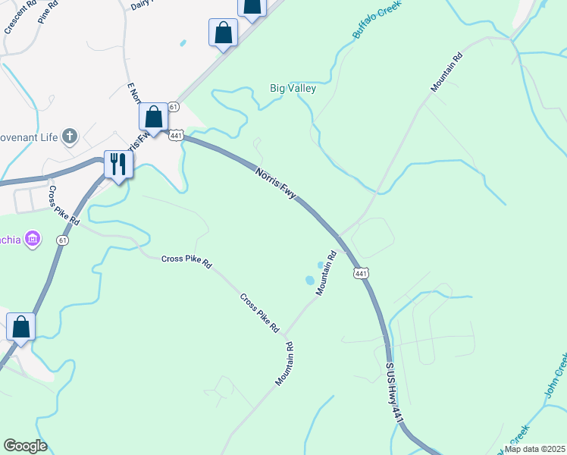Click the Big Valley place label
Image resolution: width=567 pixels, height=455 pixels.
293,89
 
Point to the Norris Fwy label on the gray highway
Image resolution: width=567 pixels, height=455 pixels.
276,183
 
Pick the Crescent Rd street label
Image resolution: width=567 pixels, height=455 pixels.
21,17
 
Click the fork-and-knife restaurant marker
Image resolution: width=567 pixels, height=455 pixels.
118,164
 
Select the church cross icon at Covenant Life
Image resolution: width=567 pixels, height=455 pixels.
70,136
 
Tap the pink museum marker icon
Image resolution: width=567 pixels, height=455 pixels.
32,240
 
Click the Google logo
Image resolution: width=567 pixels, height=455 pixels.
25,446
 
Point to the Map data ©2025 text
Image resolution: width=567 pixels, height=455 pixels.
534,448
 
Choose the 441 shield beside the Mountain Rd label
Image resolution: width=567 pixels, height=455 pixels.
361,272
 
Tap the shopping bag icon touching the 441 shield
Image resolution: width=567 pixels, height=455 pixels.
154,118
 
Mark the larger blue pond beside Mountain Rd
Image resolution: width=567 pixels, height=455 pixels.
310,281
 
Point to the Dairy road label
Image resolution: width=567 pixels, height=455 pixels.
142,5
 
